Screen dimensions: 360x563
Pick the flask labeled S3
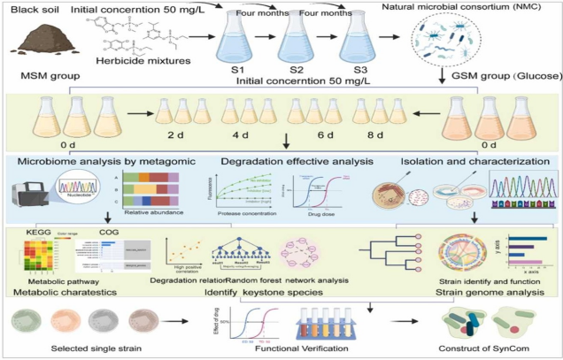point(353,44)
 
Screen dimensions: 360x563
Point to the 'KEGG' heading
point(41,232)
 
